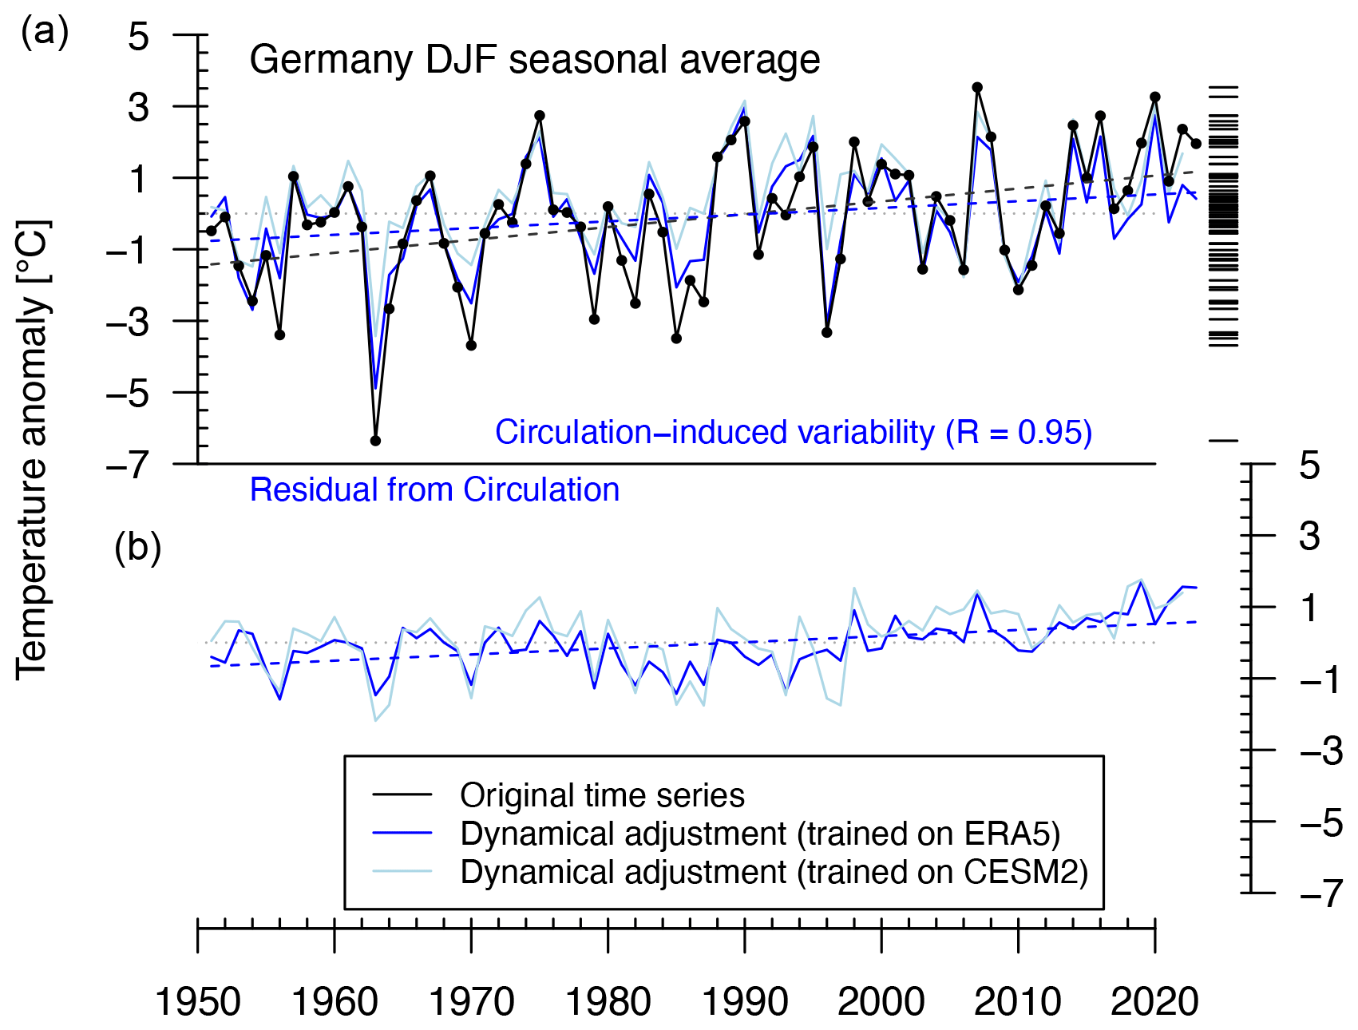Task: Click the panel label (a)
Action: pos(45,34)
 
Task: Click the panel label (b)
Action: pos(137,549)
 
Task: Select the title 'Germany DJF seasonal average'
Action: pos(534,61)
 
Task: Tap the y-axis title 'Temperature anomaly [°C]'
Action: pos(34,449)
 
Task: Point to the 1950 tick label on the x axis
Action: pos(197,1001)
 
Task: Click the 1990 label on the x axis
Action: pos(744,1001)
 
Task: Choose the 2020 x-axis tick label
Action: pos(1154,1001)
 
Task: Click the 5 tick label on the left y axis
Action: pos(139,36)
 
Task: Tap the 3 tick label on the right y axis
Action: pos(1309,536)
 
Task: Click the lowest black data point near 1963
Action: pos(375,441)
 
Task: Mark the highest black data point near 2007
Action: pos(977,87)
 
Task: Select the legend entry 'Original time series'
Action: pos(602,795)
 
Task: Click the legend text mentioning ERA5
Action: pos(760,834)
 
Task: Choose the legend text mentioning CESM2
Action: pos(774,872)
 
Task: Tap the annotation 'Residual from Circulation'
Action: pos(434,489)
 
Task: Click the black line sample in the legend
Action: pos(402,795)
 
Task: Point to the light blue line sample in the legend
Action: pos(402,872)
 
